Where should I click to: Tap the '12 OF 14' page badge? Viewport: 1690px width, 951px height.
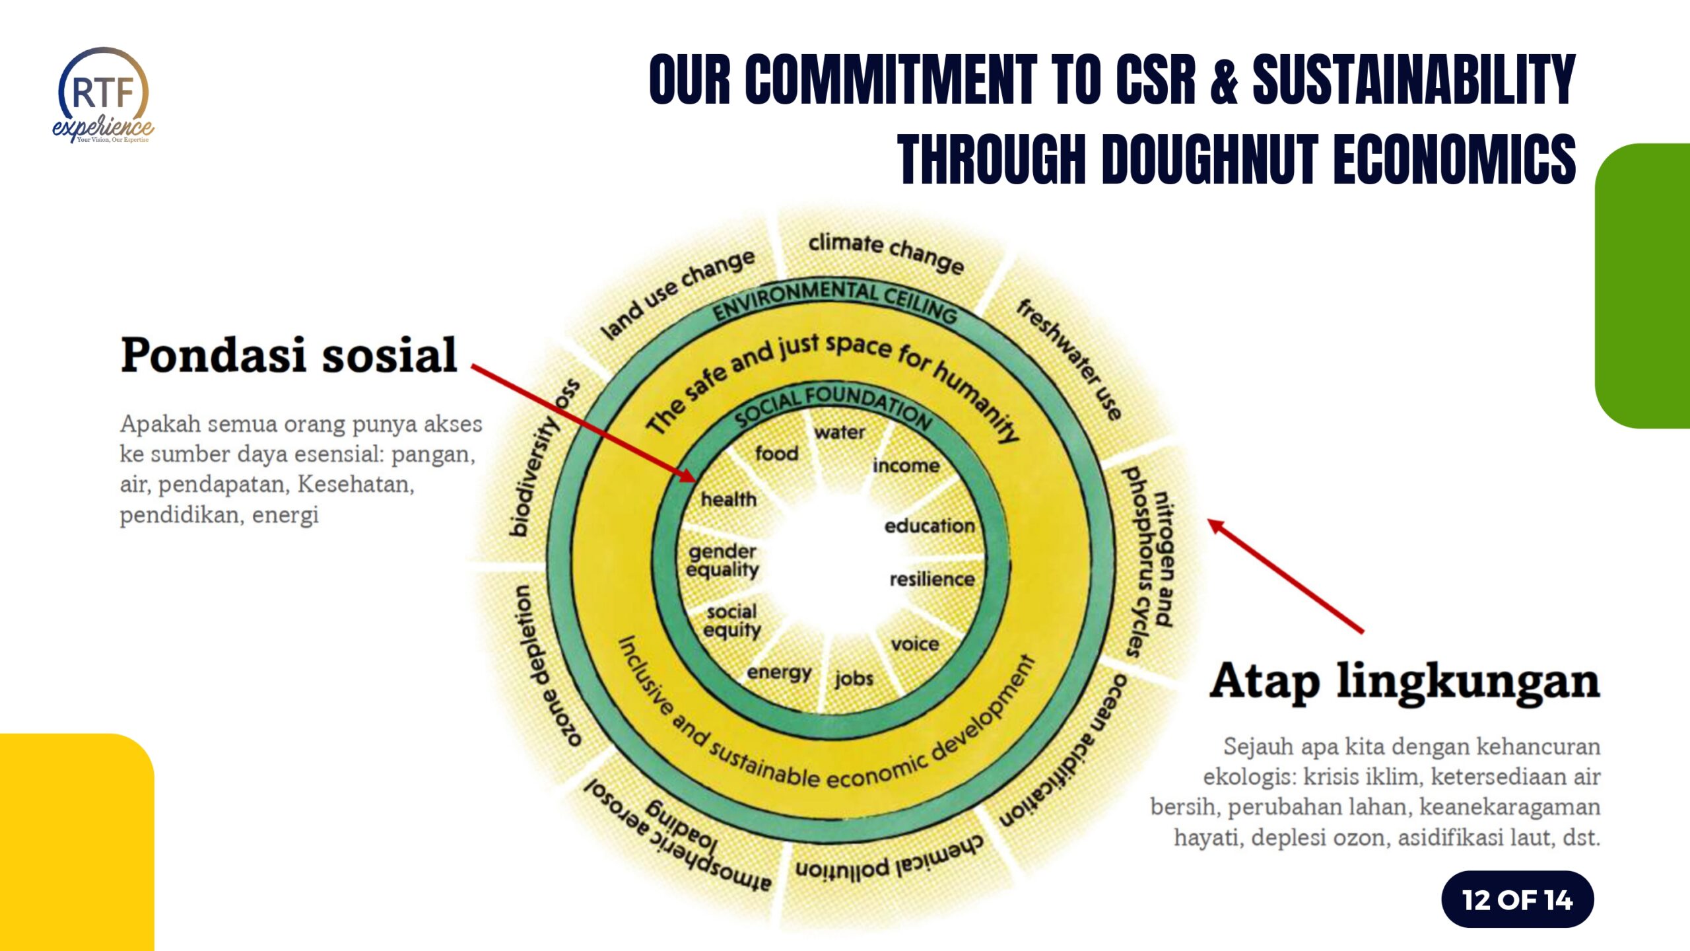tap(1517, 899)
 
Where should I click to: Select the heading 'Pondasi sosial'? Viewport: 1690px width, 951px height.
tap(288, 355)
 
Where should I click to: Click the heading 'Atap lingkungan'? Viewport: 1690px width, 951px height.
tap(1405, 681)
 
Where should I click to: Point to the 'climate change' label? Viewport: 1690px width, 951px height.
tap(886, 252)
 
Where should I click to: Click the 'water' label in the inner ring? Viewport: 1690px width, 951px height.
tap(839, 433)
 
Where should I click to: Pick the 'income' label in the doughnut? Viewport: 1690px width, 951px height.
tap(906, 466)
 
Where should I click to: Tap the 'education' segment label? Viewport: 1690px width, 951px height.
tap(929, 526)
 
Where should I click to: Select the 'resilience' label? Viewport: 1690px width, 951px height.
tap(931, 579)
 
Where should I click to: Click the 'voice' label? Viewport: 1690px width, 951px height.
tap(914, 644)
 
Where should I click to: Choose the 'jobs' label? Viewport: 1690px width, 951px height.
tap(854, 678)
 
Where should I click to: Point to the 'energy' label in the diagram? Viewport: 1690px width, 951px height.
tap(779, 673)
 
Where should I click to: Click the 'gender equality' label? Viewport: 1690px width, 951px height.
tap(722, 560)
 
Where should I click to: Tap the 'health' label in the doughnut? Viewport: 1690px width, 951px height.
tap(728, 499)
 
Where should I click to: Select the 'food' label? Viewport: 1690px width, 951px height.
tap(776, 454)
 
